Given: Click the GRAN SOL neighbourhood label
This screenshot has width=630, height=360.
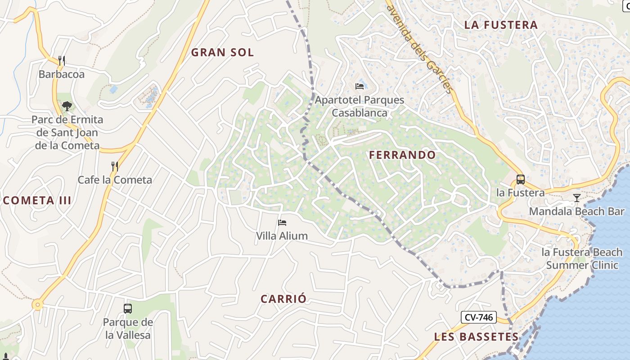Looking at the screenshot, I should pyautogui.click(x=222, y=52).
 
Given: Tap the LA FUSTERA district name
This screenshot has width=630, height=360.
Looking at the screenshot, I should pyautogui.click(x=501, y=25).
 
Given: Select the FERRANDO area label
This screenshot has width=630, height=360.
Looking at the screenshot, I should pyautogui.click(x=402, y=155).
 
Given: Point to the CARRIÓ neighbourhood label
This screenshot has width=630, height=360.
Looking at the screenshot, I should pyautogui.click(x=283, y=299).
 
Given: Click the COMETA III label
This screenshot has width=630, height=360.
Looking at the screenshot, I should pyautogui.click(x=37, y=201).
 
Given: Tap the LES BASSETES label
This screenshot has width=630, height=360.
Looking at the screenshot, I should pyautogui.click(x=477, y=337).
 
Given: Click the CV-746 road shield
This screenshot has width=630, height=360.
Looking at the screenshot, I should pyautogui.click(x=479, y=317).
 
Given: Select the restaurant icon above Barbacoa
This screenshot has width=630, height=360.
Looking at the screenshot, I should pyautogui.click(x=62, y=60).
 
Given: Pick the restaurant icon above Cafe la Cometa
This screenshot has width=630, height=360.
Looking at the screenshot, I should pyautogui.click(x=115, y=166).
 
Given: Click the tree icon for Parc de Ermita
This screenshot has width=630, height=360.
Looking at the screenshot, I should pyautogui.click(x=67, y=106).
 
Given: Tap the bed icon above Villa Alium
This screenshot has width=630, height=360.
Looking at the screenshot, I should pyautogui.click(x=282, y=222).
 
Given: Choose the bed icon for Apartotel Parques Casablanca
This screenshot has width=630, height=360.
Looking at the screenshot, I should pyautogui.click(x=360, y=86).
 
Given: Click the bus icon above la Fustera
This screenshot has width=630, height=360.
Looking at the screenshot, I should pyautogui.click(x=521, y=179).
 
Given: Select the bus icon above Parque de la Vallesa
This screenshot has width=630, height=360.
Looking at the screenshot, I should pyautogui.click(x=128, y=309).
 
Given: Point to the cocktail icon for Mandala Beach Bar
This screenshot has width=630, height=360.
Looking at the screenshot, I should pyautogui.click(x=576, y=198).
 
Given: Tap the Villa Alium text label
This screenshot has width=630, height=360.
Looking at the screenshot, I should pyautogui.click(x=282, y=236).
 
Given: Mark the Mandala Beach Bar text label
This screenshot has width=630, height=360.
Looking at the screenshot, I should pyautogui.click(x=576, y=211).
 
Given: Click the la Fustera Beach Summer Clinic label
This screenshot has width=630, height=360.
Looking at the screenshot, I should pyautogui.click(x=582, y=259).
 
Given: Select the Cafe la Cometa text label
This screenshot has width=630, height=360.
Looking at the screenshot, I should pyautogui.click(x=115, y=180).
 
